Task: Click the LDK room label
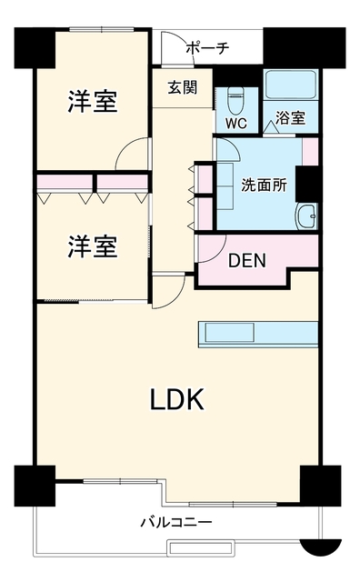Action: tap(177, 399)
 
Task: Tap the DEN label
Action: tap(247, 261)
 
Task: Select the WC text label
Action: tap(236, 124)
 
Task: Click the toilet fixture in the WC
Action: tap(235, 100)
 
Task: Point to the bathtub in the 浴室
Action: tap(291, 85)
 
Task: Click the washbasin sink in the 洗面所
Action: tap(306, 216)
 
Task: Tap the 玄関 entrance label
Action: tap(183, 87)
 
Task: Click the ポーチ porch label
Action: tap(207, 48)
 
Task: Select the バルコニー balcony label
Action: tap(176, 523)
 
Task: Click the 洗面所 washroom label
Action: tap(265, 186)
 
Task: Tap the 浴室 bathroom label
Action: tap(291, 117)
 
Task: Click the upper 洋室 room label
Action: tap(93, 101)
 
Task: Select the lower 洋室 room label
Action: tap(93, 246)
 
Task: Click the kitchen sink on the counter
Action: tap(230, 333)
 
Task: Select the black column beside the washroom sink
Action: tap(306, 184)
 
